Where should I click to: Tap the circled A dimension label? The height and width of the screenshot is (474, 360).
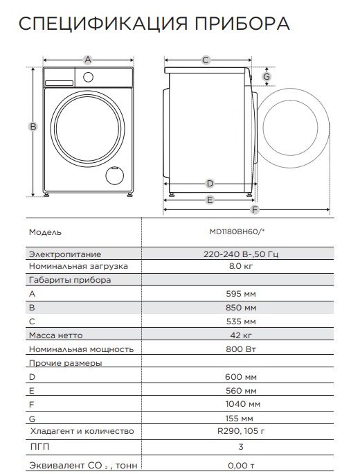(x=88, y=60)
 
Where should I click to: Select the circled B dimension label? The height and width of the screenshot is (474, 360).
(x=33, y=126)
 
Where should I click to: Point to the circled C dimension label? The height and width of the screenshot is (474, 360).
(x=206, y=60)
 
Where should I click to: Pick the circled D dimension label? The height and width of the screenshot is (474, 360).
(x=209, y=184)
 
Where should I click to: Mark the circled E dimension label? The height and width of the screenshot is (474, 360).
(x=209, y=200)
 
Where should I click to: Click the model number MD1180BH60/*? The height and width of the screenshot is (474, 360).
(x=240, y=232)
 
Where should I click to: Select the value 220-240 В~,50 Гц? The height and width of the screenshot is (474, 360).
(x=240, y=254)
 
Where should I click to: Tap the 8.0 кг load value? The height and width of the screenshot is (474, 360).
(x=240, y=266)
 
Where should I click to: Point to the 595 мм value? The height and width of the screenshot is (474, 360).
(x=240, y=294)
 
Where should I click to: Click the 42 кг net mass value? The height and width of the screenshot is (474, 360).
(x=240, y=335)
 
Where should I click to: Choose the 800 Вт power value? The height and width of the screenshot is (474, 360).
(x=240, y=349)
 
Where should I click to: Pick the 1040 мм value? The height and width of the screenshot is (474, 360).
(x=240, y=404)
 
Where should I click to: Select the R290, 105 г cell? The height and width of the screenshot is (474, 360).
(x=240, y=431)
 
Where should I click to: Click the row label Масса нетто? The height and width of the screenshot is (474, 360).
(x=57, y=335)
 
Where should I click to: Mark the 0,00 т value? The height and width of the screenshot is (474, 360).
(x=240, y=466)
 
